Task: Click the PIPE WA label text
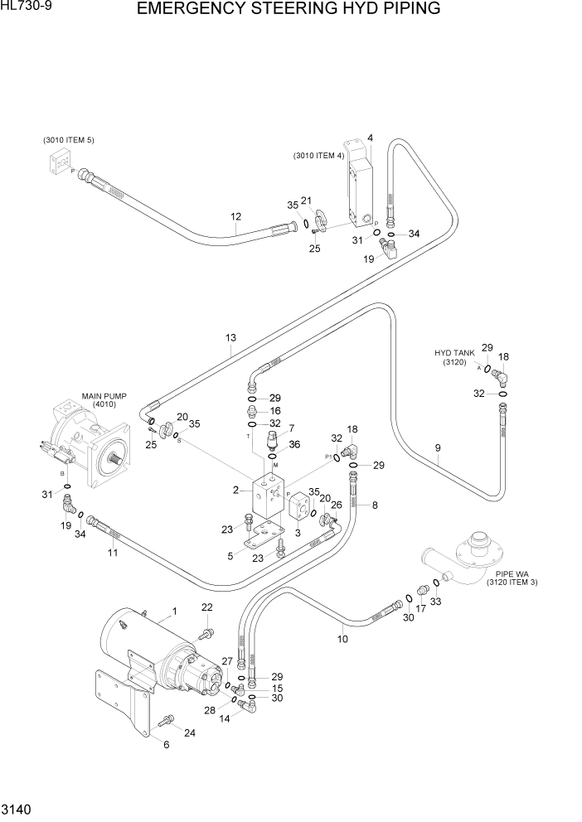515,573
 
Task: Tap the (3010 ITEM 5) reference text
69,140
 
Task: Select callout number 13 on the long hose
230,337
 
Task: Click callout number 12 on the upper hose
235,217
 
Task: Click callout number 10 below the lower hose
342,639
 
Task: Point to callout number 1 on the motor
175,612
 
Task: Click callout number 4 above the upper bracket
370,138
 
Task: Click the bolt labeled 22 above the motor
202,634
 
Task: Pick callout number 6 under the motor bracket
165,745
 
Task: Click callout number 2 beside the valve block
236,490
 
